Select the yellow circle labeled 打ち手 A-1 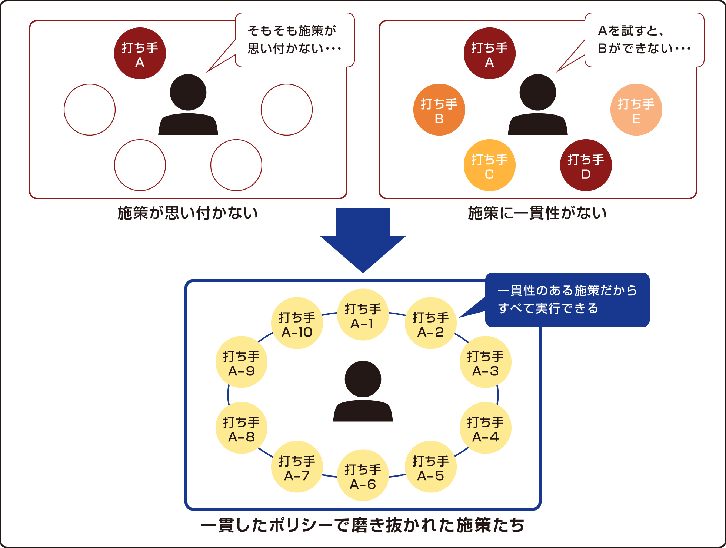tap(363, 315)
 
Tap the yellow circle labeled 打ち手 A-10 tap(297, 323)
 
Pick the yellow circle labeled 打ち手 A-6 tap(363, 475)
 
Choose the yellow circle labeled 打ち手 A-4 tap(485, 428)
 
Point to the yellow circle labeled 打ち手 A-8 tap(242, 428)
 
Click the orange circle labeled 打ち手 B tap(439, 110)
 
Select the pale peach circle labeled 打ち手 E tap(636, 110)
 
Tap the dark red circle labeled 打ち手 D tap(586, 165)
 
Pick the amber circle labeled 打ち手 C tap(489, 165)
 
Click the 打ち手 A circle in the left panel tap(140, 53)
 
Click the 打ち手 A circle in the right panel tap(489, 53)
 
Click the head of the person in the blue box tap(363, 379)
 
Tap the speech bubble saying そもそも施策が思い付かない tap(295, 40)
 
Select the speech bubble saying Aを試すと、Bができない tap(644, 40)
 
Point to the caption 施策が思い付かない tap(188, 213)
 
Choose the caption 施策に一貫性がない tap(537, 213)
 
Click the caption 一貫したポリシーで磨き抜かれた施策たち tap(363, 525)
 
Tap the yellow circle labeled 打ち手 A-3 tap(485, 362)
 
